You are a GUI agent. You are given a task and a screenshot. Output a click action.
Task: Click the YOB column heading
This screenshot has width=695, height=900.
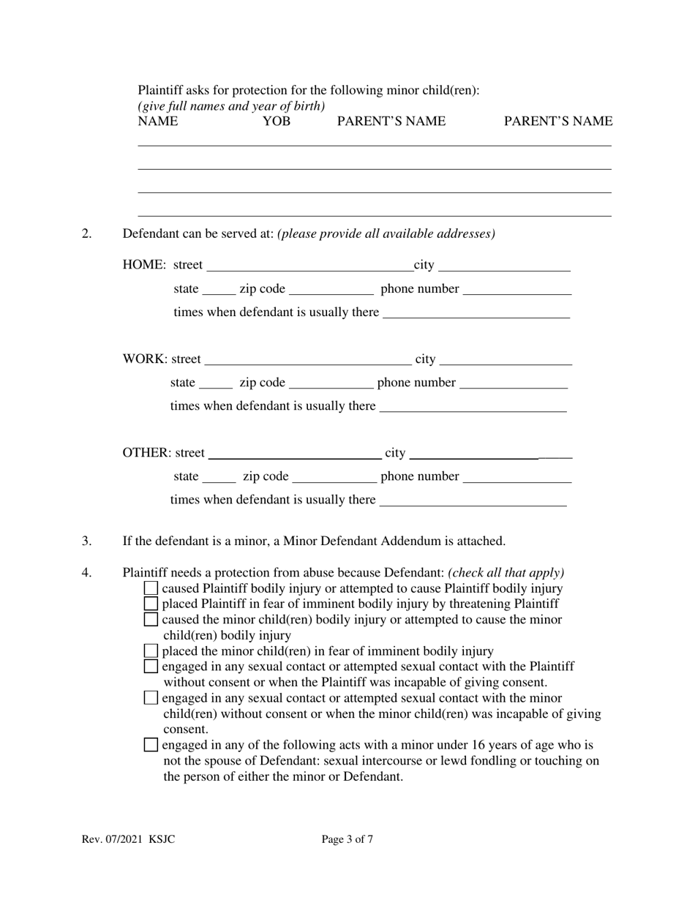[276, 121]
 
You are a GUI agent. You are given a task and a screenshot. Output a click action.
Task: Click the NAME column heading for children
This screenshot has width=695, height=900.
[157, 121]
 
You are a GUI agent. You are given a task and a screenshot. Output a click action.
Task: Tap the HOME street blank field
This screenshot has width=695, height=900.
[309, 265]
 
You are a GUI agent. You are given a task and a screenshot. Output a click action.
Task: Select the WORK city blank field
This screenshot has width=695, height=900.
[506, 359]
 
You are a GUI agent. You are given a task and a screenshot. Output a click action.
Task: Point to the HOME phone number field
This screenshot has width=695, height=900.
[517, 289]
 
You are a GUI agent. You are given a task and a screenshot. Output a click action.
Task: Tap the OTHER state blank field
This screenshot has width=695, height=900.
[219, 477]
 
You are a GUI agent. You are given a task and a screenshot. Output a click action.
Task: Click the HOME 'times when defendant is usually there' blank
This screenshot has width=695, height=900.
[476, 312]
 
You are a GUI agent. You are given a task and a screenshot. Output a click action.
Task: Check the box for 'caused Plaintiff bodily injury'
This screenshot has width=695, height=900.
[151, 588]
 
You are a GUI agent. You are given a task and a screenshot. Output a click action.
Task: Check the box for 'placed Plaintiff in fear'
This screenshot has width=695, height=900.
[151, 604]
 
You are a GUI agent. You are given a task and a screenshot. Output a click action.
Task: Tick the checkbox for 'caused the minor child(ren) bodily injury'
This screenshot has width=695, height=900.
[151, 620]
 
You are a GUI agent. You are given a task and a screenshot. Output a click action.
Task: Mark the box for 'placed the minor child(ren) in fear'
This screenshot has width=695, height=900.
[151, 650]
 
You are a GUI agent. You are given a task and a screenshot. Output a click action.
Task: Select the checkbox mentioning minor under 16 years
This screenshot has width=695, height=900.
[151, 746]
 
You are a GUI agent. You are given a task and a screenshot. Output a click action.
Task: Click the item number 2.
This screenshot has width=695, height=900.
[87, 234]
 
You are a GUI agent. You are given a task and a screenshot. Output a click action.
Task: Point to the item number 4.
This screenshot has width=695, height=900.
[87, 573]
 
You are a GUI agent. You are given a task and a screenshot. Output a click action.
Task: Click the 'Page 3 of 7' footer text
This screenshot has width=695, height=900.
[347, 839]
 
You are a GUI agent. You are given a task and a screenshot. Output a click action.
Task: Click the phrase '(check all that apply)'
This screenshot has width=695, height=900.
[506, 573]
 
